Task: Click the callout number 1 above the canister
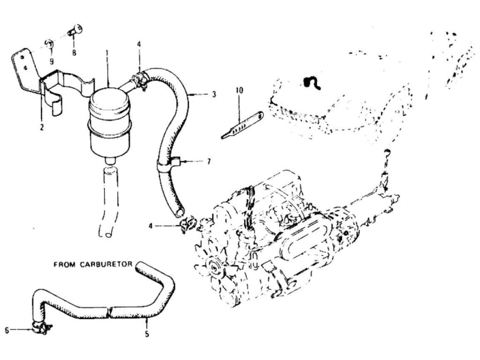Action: point(107,53)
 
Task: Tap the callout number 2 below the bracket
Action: point(42,127)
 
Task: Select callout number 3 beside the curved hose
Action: point(214,94)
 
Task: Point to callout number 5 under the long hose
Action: point(147,334)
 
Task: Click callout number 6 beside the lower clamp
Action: point(7,331)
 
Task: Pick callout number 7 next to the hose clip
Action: point(209,161)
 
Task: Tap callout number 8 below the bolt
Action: point(74,53)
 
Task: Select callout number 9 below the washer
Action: point(52,62)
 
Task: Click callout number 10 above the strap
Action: point(239,91)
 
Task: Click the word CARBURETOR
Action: point(106,264)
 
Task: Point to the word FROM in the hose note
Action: point(65,264)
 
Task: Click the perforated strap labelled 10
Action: point(242,125)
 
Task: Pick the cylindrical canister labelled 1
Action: point(110,122)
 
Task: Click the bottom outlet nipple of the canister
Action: point(110,161)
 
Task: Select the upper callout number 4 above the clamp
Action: point(139,44)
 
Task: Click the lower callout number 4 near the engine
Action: point(151,226)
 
